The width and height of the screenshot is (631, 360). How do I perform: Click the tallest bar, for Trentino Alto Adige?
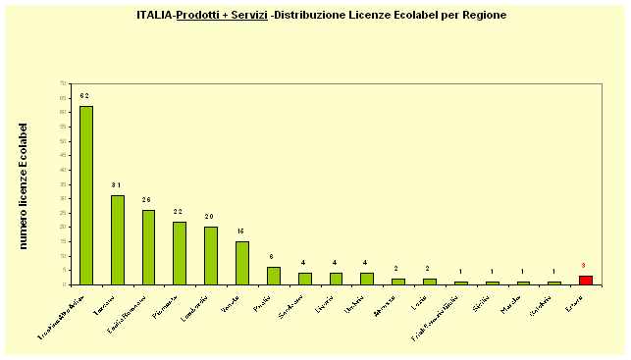(86, 195)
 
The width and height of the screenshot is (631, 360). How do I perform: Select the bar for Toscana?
(118, 239)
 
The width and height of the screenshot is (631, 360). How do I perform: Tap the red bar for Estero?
(585, 280)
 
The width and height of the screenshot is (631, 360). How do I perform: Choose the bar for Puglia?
(274, 276)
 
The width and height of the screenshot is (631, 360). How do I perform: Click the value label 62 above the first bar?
(85, 96)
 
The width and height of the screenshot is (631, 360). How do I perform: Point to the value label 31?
(117, 185)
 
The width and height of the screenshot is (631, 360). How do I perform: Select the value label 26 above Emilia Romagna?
(148, 200)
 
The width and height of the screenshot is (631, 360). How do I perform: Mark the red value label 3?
(584, 266)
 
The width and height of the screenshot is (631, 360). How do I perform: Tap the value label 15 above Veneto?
(241, 231)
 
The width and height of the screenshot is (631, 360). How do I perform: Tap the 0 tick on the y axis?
(64, 284)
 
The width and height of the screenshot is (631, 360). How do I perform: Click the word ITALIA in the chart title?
(155, 16)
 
